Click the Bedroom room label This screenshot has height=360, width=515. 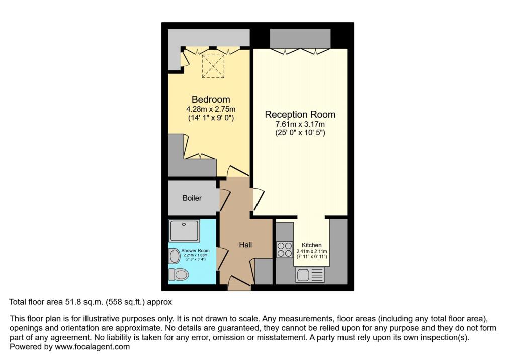211,99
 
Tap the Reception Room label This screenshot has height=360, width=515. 300,115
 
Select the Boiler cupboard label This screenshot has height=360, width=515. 192,198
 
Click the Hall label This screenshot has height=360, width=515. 245,245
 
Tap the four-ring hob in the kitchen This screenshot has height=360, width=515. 285,250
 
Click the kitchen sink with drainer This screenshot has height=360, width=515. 310,275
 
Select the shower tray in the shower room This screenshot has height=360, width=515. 184,230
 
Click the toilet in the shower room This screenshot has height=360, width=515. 178,275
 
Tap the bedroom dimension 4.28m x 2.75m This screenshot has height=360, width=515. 211,109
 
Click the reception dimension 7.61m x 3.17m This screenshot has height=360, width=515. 300,124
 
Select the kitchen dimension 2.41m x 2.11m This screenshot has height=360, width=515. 312,251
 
